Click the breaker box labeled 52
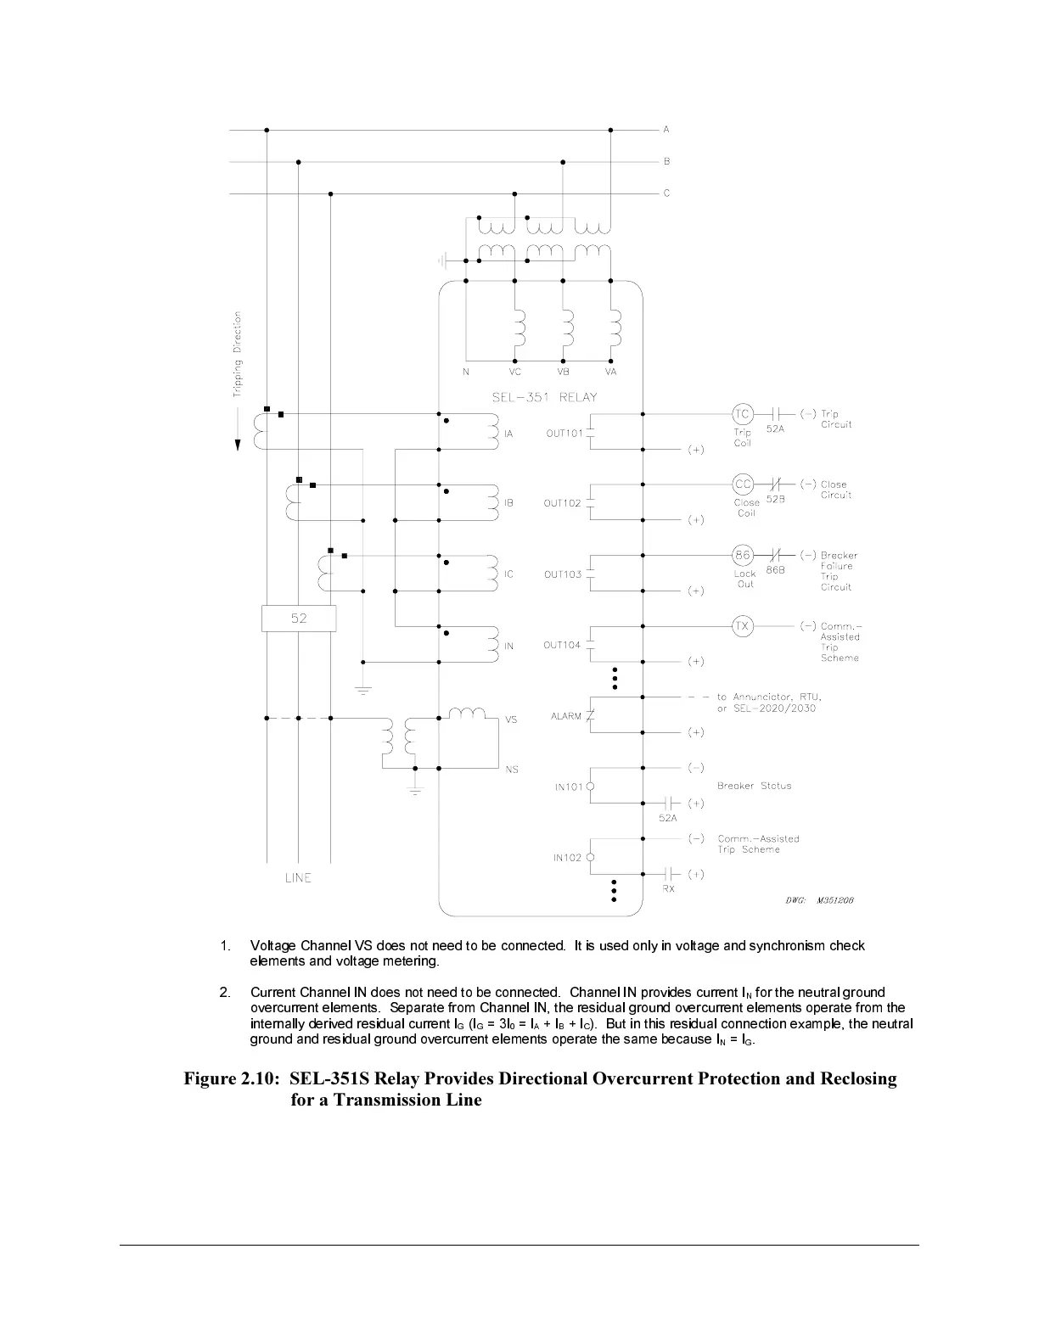pyautogui.click(x=299, y=619)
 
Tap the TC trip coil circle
pyautogui.click(x=743, y=414)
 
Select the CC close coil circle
pyautogui.click(x=743, y=484)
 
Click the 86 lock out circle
pyautogui.click(x=743, y=556)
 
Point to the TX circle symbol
pyautogui.click(x=743, y=626)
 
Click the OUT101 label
pyautogui.click(x=564, y=434)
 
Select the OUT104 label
pyautogui.click(x=562, y=645)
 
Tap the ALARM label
pyautogui.click(x=566, y=716)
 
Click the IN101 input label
pyautogui.click(x=569, y=787)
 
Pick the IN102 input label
pyautogui.click(x=568, y=858)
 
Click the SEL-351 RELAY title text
pyautogui.click(x=545, y=397)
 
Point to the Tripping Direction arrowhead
pyautogui.click(x=239, y=444)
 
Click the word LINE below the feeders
pyautogui.click(x=298, y=878)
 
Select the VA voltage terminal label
pyautogui.click(x=610, y=372)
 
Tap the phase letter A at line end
pyautogui.click(x=666, y=130)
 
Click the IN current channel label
pyautogui.click(x=509, y=647)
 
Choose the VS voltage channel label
pyautogui.click(x=511, y=720)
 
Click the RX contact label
pyautogui.click(x=668, y=888)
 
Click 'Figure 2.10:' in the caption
pyautogui.click(x=232, y=1079)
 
